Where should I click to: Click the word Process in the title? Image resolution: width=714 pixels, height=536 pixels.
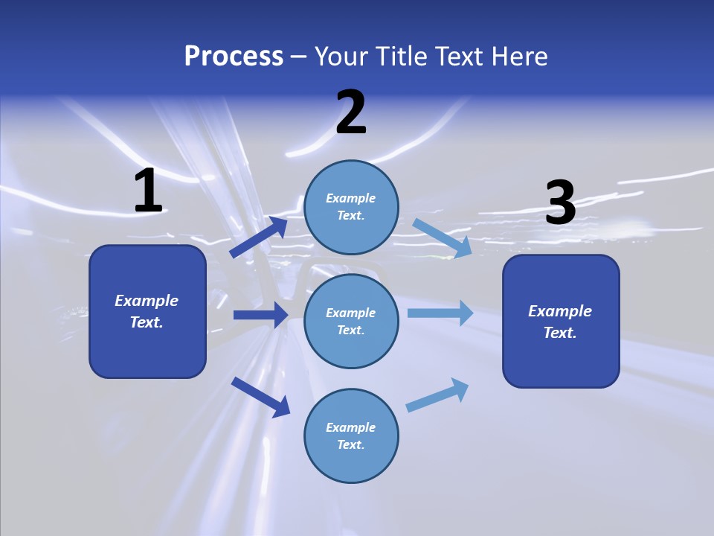coord(234,57)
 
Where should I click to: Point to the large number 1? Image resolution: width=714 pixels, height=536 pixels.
coord(148,191)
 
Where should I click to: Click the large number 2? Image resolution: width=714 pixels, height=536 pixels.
coord(351,112)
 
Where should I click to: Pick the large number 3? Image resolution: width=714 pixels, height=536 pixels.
coord(561,202)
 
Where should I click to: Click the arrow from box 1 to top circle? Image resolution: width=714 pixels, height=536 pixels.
coord(260,237)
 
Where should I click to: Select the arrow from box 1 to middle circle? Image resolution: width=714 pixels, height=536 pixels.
coord(261,315)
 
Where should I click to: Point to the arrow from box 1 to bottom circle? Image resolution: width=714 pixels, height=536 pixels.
coord(261,397)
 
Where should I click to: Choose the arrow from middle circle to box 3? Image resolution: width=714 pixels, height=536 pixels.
coord(440,313)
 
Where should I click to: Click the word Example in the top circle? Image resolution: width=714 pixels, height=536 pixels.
coord(351,199)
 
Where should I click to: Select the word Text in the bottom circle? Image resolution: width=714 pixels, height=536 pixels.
coord(350,445)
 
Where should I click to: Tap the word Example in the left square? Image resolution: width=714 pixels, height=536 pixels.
coord(147,301)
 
